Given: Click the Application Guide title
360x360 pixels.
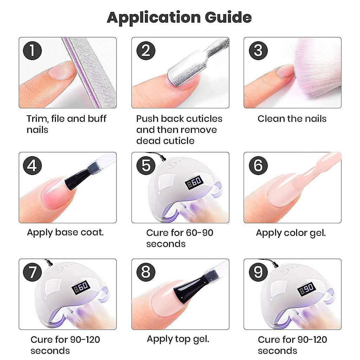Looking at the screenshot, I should click(179, 17).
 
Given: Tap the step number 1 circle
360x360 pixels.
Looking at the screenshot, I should click(32, 51).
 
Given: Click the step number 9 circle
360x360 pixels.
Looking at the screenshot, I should click(258, 272).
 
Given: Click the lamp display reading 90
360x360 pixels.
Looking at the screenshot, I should click(306, 290).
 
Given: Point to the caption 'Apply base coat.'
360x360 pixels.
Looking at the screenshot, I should click(65, 232).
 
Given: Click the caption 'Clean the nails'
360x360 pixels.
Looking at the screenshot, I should click(292, 119).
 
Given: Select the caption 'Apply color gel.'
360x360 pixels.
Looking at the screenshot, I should click(291, 233).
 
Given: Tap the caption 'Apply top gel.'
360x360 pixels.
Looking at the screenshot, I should click(178, 339).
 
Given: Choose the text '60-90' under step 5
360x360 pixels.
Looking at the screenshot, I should click(199, 233).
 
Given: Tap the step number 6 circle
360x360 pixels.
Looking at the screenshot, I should click(258, 165).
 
